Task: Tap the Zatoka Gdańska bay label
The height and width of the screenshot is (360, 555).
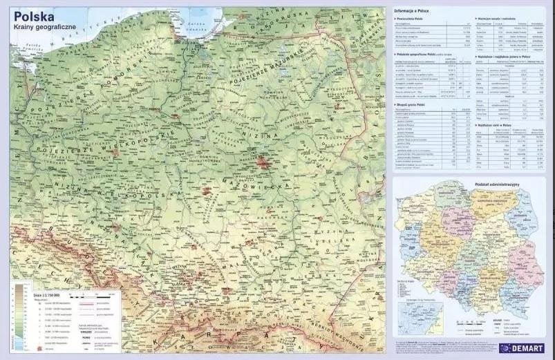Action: tap(196, 26)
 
